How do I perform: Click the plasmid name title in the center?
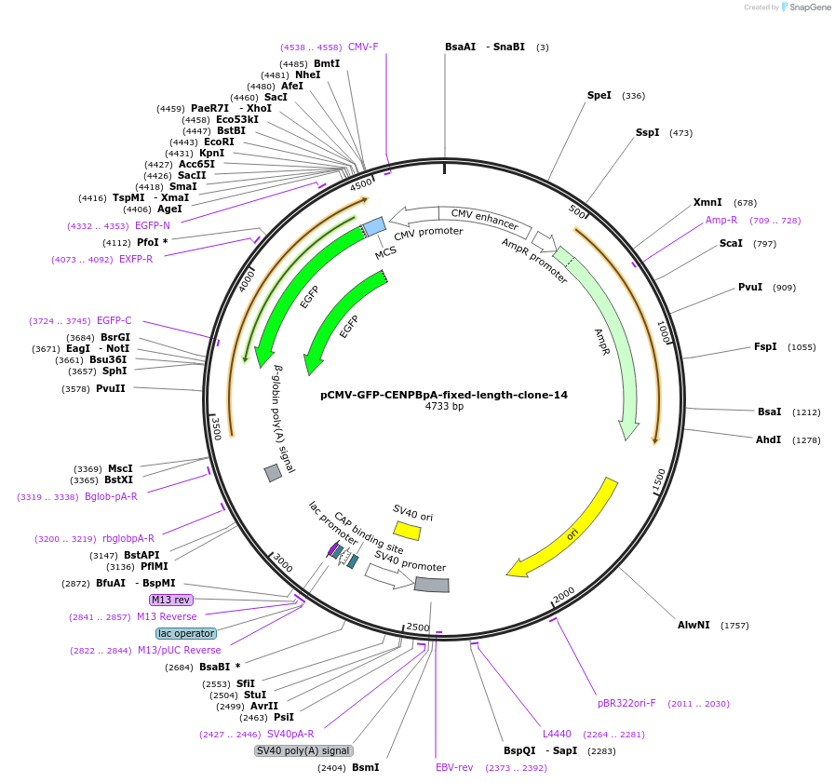444,395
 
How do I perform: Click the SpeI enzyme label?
599,95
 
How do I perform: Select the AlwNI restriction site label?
694,625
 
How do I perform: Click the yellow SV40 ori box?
407,531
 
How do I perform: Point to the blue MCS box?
374,226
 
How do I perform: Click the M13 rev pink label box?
170,600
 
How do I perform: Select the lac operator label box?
186,633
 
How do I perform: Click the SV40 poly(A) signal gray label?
303,750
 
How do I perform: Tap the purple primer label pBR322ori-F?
626,703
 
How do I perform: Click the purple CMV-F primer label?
363,47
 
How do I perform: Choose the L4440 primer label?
557,735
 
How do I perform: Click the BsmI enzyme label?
365,767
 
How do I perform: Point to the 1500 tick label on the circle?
659,480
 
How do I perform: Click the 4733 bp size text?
444,407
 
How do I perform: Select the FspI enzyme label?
765,346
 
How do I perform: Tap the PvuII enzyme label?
111,388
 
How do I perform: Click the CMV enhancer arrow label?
484,219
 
